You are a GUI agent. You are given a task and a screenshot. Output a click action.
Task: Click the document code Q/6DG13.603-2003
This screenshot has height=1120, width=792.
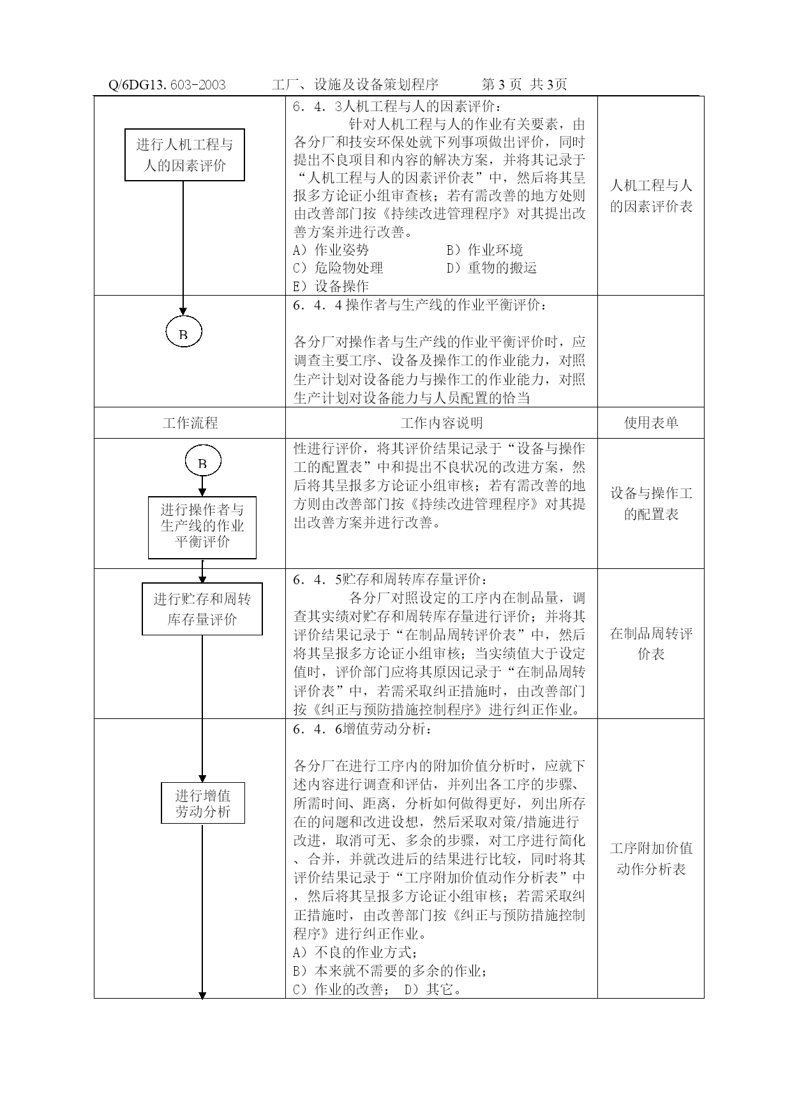(167, 84)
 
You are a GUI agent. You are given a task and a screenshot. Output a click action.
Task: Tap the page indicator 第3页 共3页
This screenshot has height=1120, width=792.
(524, 84)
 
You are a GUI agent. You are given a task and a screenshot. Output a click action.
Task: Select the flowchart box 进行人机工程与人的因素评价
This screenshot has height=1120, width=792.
(184, 155)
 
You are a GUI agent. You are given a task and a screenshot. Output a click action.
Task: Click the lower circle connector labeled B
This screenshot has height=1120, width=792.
(203, 462)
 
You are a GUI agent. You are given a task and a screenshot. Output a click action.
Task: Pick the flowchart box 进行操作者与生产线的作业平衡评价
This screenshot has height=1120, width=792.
(202, 527)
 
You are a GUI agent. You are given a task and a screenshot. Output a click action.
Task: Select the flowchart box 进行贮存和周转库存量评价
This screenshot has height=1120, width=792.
(202, 609)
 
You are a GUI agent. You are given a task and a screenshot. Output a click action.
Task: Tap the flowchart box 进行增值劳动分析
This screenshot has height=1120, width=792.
(203, 803)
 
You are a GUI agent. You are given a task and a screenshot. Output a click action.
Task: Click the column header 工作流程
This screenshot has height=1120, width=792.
(190, 423)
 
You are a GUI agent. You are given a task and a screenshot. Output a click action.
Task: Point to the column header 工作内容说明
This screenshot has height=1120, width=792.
(442, 423)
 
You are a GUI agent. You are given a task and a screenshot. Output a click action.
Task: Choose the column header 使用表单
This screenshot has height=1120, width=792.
(651, 423)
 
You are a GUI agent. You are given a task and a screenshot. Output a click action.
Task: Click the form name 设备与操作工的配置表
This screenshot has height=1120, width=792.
(651, 504)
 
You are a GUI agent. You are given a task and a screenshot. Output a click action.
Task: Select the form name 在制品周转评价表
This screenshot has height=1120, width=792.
(651, 644)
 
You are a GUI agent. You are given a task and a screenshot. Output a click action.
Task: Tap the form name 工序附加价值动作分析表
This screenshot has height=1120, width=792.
(651, 859)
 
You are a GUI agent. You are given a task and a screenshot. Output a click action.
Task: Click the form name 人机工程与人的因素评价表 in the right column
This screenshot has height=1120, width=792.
(651, 196)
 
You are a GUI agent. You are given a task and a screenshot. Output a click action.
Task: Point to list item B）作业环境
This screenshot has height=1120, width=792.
(484, 250)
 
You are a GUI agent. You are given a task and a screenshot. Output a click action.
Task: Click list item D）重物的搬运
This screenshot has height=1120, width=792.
(491, 268)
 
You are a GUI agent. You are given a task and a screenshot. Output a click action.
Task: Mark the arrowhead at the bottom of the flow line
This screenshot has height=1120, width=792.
(203, 995)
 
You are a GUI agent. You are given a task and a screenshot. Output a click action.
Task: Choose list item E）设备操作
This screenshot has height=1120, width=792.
(331, 286)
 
